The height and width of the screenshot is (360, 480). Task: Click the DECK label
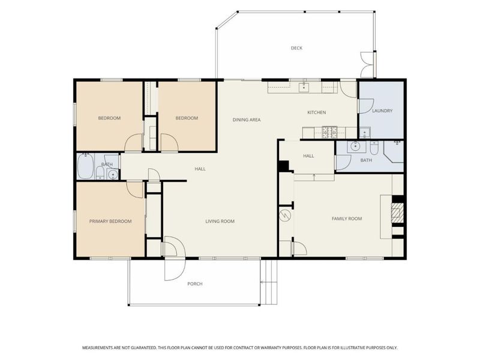click(x=296, y=48)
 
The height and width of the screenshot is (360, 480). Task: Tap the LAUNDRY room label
click(x=382, y=111)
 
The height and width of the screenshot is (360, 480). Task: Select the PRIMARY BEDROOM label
click(x=110, y=221)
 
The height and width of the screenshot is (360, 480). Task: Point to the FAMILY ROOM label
click(x=347, y=218)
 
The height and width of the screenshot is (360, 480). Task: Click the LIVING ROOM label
click(x=220, y=221)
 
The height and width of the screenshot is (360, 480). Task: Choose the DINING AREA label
click(x=247, y=119)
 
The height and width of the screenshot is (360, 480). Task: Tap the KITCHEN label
click(x=317, y=113)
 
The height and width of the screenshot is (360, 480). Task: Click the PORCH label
click(x=195, y=284)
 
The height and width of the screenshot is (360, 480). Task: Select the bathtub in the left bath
click(x=85, y=166)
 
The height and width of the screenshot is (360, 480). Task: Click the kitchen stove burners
click(x=329, y=132)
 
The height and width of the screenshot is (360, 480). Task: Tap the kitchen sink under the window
click(x=304, y=86)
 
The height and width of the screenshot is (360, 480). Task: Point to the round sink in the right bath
click(x=355, y=146)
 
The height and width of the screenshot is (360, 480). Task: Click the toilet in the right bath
click(x=374, y=148)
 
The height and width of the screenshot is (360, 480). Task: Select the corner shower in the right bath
click(x=395, y=152)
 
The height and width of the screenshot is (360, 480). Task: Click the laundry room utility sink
click(x=365, y=133)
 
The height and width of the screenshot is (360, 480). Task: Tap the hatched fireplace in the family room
click(x=397, y=212)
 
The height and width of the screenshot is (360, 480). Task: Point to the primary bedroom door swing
click(x=134, y=190)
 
